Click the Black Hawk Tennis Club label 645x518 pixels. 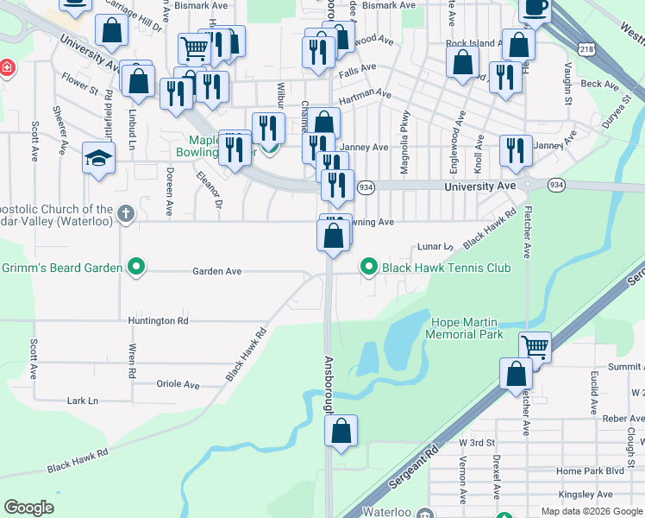coord(446,268)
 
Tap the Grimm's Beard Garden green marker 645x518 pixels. coord(135,268)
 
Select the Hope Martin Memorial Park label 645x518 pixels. coord(467,328)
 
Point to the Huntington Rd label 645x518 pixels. coord(158,320)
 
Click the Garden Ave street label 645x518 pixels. coord(216,271)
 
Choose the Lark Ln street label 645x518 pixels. coord(83,401)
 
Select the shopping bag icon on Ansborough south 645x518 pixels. coord(341,431)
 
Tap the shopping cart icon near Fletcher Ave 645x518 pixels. coord(535,347)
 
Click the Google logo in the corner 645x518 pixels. coord(28,508)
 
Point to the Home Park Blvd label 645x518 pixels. coord(590,471)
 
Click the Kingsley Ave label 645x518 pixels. coord(586,495)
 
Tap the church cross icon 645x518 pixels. coord(126,212)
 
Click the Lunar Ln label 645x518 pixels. coord(436,247)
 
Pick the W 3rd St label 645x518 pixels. coord(476,442)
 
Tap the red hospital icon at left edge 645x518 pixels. coord(6,67)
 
